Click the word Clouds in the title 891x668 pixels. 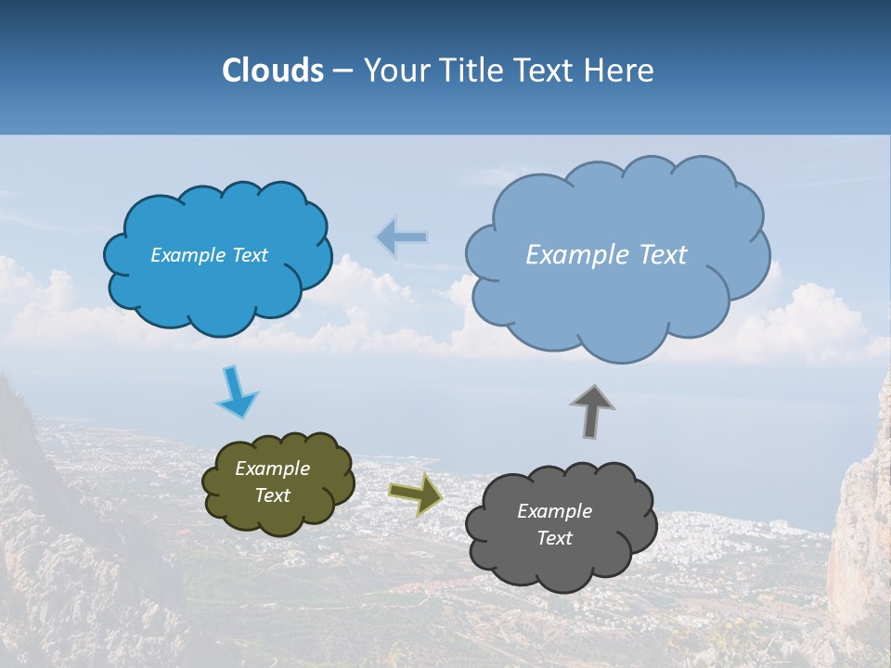273,71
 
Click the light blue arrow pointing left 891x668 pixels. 402,238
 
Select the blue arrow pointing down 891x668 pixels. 235,392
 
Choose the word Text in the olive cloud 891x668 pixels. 273,495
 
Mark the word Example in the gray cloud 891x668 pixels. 554,511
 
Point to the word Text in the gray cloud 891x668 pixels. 554,538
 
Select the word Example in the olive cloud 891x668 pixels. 273,469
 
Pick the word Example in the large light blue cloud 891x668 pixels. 575,255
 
